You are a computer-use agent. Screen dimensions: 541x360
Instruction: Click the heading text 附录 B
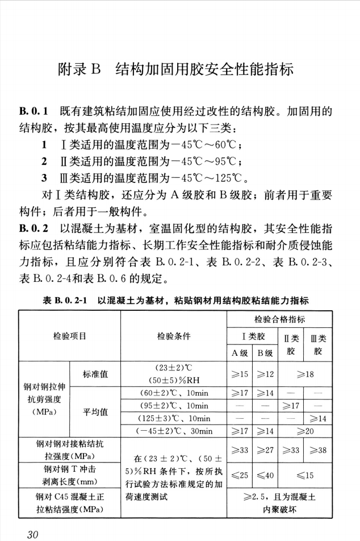click(79, 71)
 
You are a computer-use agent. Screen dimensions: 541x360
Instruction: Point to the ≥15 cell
click(239, 374)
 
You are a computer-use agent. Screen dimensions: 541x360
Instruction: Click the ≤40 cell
click(265, 475)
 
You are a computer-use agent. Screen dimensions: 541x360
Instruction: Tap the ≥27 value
click(265, 451)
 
